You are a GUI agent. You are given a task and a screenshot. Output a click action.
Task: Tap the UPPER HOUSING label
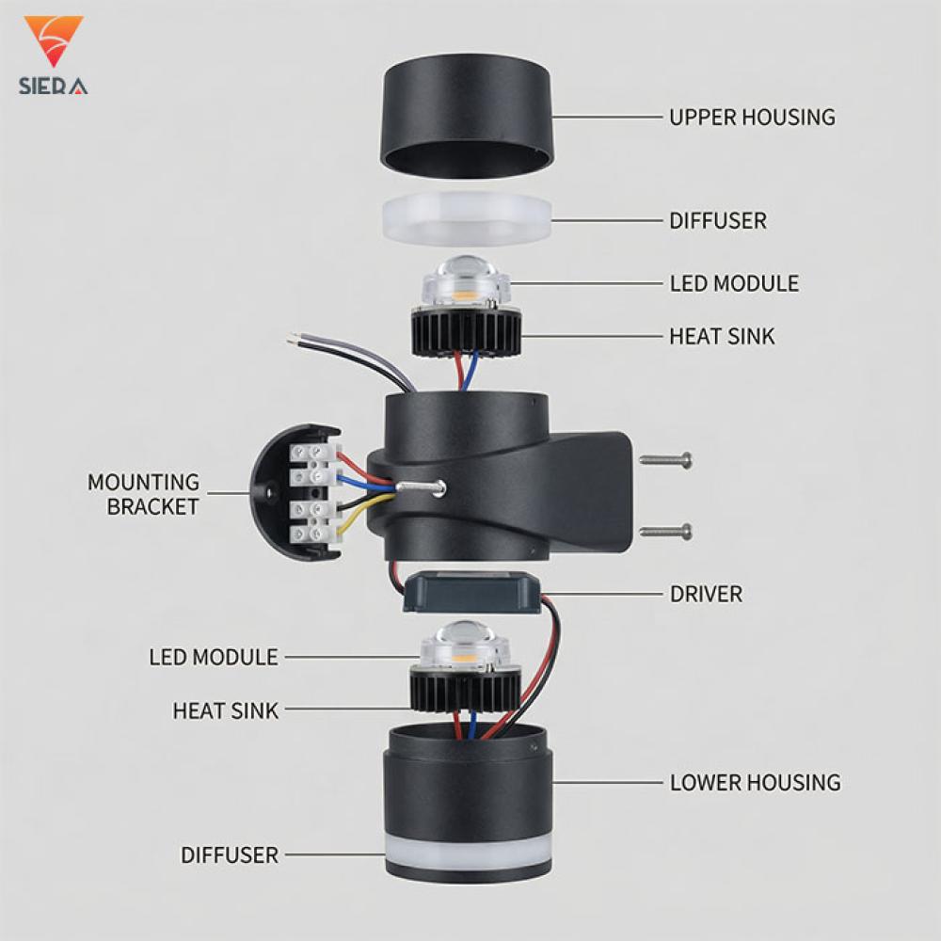[752, 117]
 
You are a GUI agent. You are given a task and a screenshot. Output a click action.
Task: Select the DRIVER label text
[706, 594]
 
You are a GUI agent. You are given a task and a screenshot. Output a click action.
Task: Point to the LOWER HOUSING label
[755, 783]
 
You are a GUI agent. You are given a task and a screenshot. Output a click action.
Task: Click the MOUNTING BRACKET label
[143, 495]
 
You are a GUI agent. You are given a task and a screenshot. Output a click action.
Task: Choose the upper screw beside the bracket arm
[665, 461]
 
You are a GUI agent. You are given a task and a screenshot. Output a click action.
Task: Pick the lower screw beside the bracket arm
[665, 532]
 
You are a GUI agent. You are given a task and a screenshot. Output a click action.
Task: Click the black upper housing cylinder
[467, 117]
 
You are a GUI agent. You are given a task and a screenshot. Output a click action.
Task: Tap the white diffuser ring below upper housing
[467, 219]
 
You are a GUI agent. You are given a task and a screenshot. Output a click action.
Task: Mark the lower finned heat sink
[466, 689]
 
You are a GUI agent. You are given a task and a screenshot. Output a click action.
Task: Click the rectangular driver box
[471, 592]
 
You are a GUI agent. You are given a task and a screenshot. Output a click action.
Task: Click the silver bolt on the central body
[420, 487]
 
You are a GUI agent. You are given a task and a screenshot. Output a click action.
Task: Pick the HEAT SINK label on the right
[722, 337]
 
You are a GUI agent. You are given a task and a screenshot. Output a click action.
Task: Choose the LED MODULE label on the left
[214, 657]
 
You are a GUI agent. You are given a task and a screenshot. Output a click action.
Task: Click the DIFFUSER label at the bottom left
[230, 855]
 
